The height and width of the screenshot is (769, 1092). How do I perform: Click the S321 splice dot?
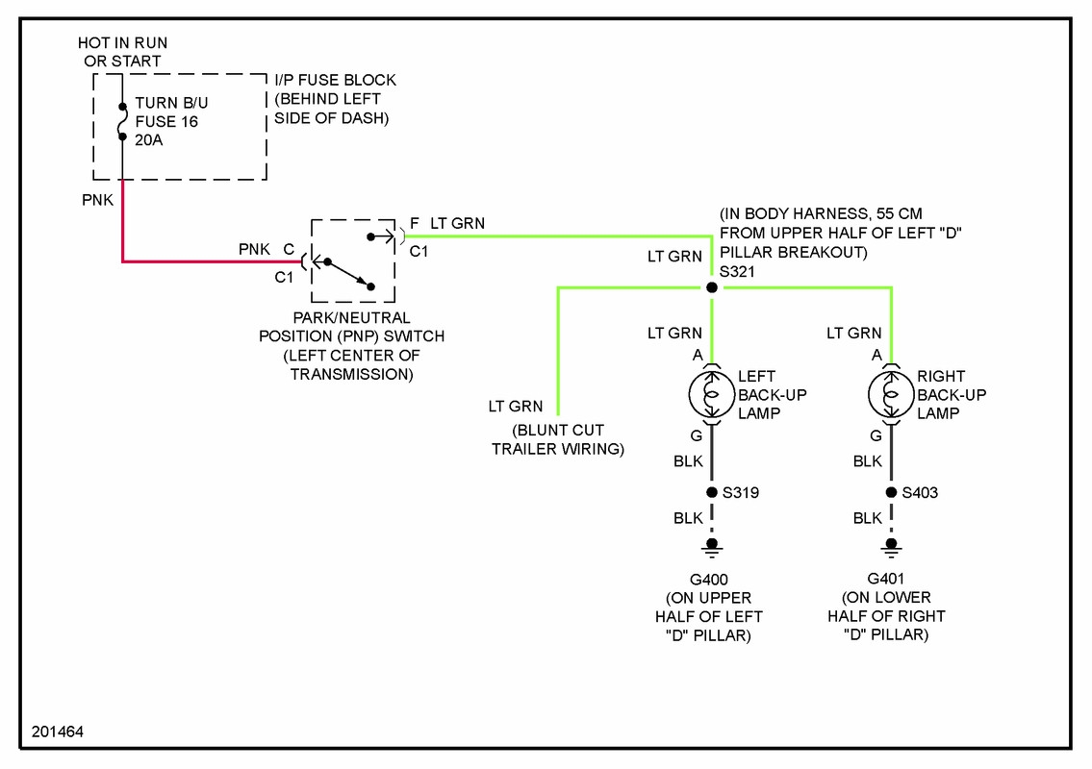pos(712,287)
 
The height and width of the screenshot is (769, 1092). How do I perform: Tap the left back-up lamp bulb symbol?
pos(712,394)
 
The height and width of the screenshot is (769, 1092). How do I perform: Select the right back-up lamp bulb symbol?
pos(891,394)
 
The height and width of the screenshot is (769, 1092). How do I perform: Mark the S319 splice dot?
pos(712,493)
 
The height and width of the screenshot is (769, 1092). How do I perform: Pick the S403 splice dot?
pos(891,493)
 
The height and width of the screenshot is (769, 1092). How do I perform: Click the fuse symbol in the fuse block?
pos(122,122)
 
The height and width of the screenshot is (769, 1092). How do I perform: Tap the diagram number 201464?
pos(58,732)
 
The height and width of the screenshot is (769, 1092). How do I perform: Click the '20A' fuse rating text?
pos(150,139)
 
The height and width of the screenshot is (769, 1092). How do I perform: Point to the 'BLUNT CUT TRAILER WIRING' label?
pos(558,439)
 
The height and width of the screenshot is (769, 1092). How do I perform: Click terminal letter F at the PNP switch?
pos(414,224)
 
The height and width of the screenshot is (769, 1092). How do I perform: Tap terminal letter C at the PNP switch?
pos(288,250)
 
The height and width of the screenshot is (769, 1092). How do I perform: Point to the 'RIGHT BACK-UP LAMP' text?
pos(952,394)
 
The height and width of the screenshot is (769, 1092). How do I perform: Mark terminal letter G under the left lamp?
pos(683,435)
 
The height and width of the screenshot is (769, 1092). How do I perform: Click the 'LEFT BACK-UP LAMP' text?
pos(772,394)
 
